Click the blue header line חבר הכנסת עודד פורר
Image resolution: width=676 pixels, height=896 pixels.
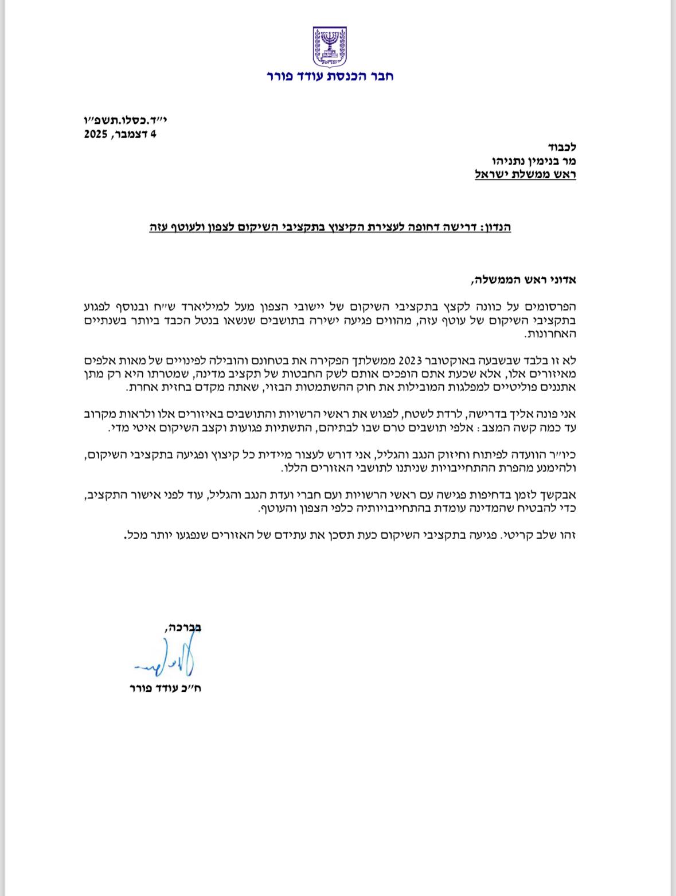point(330,76)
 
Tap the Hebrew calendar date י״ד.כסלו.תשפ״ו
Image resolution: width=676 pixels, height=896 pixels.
point(119,122)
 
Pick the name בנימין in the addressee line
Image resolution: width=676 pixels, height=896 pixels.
point(532,161)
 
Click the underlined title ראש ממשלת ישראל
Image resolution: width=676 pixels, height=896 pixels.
point(525,174)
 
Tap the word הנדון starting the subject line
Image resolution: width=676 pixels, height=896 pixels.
point(496,227)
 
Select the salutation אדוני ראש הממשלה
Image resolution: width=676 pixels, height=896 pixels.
point(522,280)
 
